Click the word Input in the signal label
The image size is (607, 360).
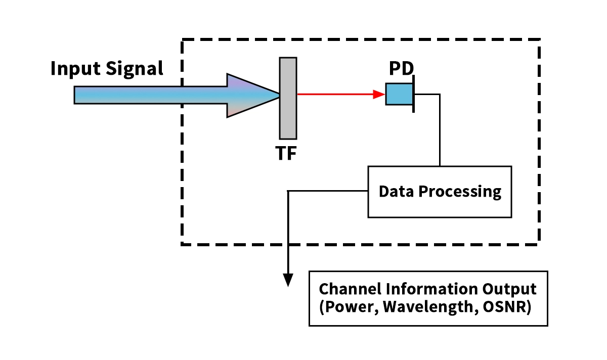(76, 69)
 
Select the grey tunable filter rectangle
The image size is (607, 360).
(288, 98)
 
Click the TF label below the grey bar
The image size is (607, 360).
(286, 154)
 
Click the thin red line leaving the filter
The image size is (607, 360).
(334, 94)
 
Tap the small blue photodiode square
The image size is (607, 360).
(399, 94)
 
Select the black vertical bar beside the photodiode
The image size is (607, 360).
(414, 94)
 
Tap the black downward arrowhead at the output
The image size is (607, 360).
(288, 280)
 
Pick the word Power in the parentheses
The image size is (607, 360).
(349, 307)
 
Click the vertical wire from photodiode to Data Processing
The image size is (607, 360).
(440, 131)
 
